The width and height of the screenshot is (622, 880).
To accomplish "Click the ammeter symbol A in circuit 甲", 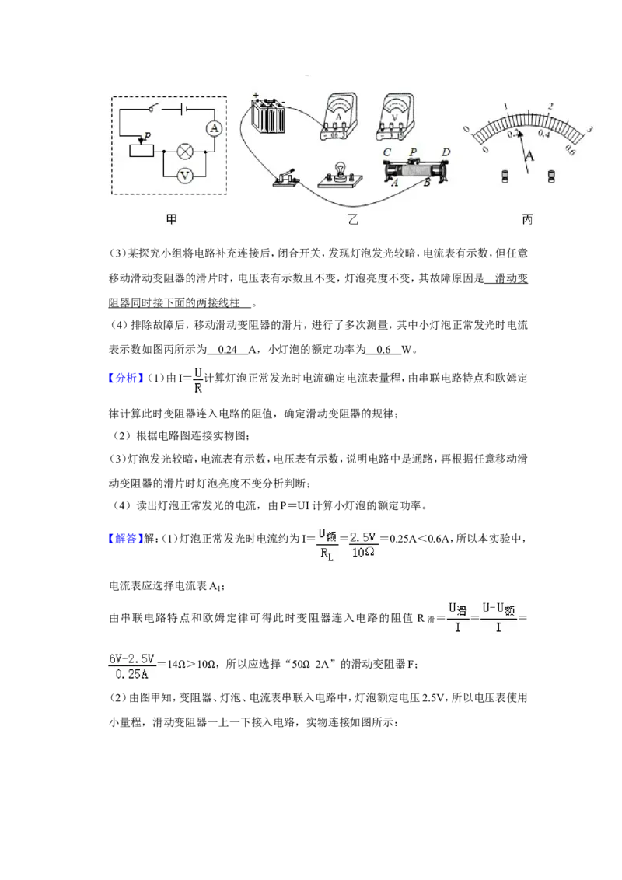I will click(209, 128).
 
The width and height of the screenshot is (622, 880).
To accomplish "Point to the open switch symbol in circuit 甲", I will click(155, 110).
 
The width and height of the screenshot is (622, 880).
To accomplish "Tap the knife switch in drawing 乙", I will click(287, 180).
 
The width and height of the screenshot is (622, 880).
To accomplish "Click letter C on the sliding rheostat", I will click(386, 153).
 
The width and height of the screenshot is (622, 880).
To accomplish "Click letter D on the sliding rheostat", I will click(446, 152).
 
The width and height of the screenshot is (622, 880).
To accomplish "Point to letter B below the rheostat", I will click(426, 183).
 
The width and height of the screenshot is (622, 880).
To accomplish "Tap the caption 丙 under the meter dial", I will click(527, 221).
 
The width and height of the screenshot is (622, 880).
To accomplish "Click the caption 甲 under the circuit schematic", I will click(171, 221).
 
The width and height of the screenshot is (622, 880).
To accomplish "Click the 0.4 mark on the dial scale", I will click(544, 134).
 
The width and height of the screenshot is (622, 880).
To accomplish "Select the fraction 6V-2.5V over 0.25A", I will click(133, 665).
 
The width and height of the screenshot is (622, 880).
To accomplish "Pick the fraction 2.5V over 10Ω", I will click(363, 544).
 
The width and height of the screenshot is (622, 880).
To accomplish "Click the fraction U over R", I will click(197, 381).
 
